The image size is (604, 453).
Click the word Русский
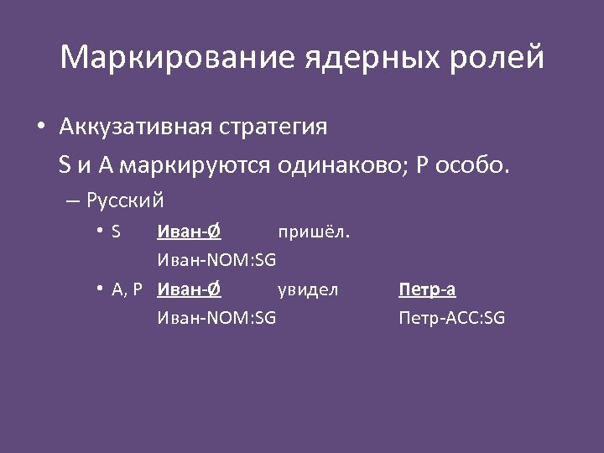[125, 201]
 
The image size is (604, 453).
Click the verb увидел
[308, 289]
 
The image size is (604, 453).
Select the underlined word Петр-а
[427, 289]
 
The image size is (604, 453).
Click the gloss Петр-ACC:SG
[452, 318]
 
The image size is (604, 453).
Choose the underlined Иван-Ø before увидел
[189, 289]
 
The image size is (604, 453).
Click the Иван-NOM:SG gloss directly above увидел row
[216, 260]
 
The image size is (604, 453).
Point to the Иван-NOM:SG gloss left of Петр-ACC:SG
[216, 318]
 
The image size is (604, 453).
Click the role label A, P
[128, 289]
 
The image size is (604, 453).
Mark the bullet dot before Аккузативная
[40, 128]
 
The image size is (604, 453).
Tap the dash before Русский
[70, 201]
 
